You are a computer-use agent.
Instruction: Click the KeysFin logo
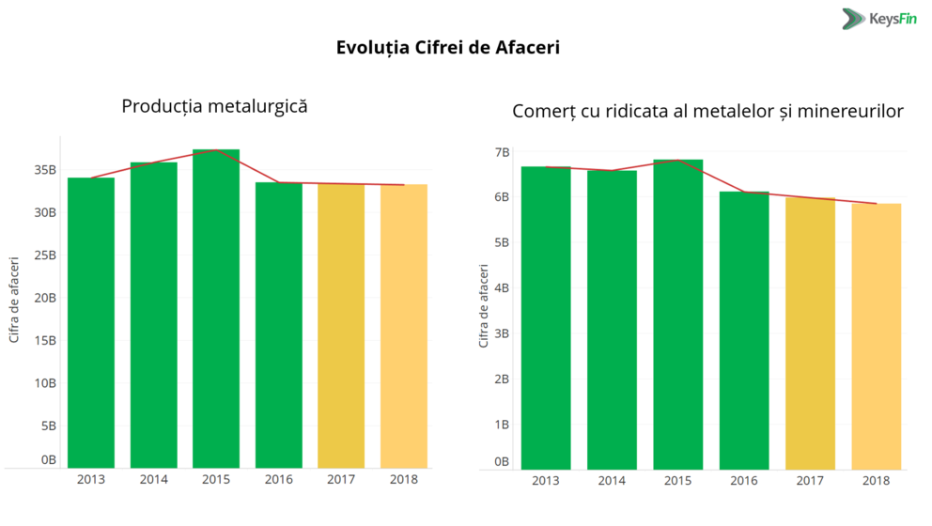tap(878, 18)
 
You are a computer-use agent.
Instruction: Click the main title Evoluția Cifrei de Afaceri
tap(448, 47)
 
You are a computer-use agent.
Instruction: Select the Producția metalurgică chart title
tap(215, 106)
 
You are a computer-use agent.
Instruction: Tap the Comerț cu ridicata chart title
tap(707, 111)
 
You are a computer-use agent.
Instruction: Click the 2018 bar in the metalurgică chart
tap(404, 326)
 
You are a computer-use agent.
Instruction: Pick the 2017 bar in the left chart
tap(341, 326)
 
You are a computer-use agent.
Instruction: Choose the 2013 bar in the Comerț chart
tap(546, 317)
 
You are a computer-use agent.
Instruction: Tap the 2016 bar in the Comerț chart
tap(744, 330)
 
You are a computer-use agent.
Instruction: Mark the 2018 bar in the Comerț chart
tap(877, 336)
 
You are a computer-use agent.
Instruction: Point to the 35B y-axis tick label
tap(45, 170)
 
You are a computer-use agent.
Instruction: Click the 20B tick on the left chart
tap(45, 298)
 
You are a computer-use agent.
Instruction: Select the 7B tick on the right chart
tap(502, 151)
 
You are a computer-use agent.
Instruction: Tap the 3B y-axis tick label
tap(502, 333)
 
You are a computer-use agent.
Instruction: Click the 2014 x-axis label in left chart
tap(154, 480)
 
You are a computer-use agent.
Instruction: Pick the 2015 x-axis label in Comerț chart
tap(678, 481)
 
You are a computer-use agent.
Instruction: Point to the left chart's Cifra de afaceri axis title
tap(14, 298)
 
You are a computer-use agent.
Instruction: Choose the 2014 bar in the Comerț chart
tap(612, 319)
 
